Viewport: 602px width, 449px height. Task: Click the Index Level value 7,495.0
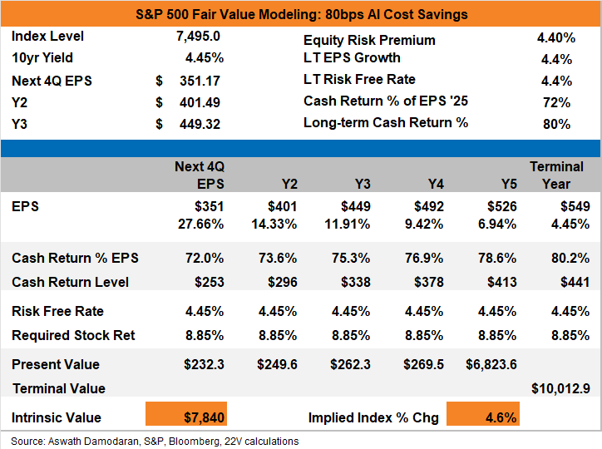[198, 36]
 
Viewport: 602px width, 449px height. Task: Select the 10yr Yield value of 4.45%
[205, 58]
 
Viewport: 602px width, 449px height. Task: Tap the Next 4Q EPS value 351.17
[200, 81]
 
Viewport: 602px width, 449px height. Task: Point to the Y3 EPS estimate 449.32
[200, 125]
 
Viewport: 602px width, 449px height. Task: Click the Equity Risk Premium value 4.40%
[556, 38]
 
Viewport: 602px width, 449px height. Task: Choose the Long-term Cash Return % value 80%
[556, 125]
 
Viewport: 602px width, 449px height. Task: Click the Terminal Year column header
[556, 175]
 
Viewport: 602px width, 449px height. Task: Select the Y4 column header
[436, 185]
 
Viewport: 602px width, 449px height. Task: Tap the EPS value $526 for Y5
[501, 206]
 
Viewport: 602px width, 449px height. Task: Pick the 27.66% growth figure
[200, 224]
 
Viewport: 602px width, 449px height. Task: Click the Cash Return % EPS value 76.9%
[424, 258]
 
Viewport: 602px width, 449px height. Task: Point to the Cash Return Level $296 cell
[282, 283]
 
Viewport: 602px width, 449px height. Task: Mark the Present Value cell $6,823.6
[491, 364]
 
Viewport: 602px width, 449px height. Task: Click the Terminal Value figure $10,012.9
[560, 389]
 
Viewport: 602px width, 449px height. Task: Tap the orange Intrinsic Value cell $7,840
[186, 414]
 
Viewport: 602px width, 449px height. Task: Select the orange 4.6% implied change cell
[483, 414]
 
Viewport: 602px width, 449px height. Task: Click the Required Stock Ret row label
[73, 335]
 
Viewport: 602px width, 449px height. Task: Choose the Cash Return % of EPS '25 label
[386, 101]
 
